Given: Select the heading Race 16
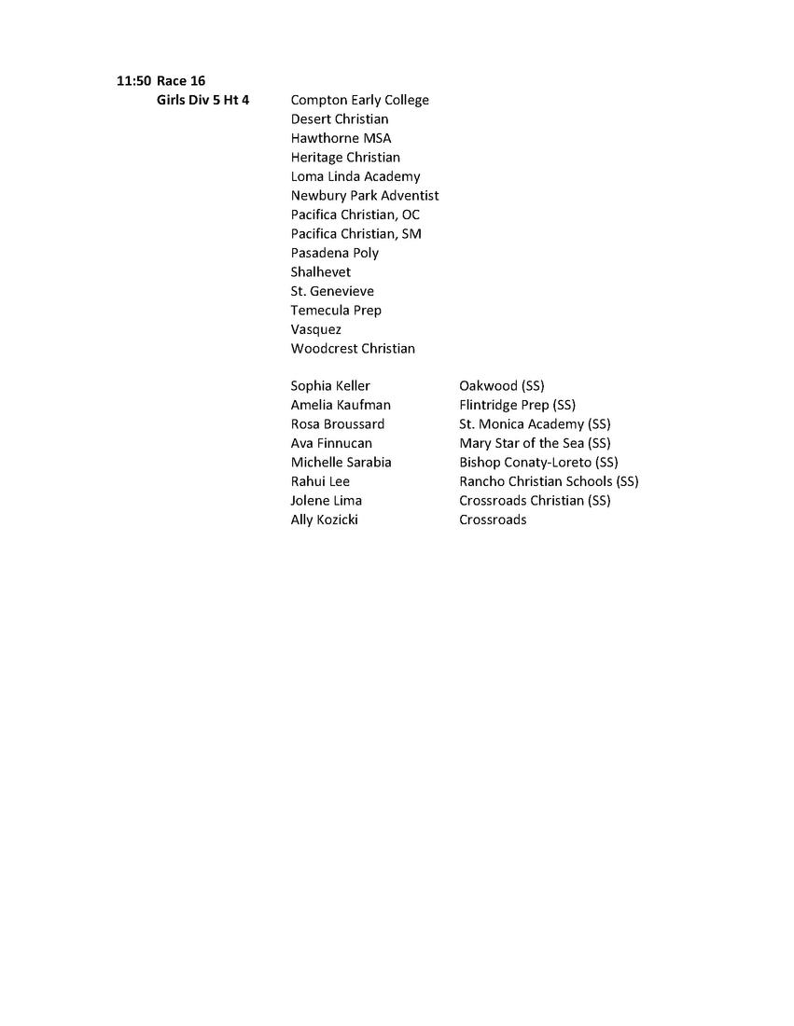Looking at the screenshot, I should coord(181,81).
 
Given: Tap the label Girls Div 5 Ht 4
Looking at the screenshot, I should coord(202,100).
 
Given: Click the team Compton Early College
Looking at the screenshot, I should coord(359,100).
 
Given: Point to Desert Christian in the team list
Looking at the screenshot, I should coord(340,119).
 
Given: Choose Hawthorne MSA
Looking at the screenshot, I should coord(341,138).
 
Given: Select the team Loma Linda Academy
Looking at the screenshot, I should coord(355,176).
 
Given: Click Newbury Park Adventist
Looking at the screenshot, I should coord(365,196).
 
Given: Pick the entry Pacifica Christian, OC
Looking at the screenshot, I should coord(355,215).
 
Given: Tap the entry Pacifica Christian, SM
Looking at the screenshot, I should coord(355,234).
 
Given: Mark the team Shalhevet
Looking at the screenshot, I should coord(321,272).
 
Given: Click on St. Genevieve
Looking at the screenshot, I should coord(332,291).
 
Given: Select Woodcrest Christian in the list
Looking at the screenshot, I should coord(353,349).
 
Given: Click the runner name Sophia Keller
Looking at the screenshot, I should coord(330,386).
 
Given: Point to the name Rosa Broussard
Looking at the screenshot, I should coord(338,424).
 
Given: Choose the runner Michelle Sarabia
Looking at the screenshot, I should coord(341,463).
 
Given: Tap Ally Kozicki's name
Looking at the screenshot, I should coord(324,520).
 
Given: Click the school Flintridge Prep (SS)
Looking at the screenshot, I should coord(517,405).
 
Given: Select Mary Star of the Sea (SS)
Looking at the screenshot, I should coord(535,443).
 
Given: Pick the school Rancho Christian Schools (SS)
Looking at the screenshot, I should coord(549,481).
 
